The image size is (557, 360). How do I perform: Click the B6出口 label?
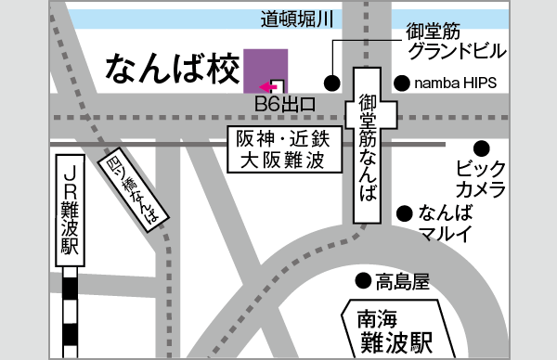286,102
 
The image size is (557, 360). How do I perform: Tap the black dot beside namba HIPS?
401,84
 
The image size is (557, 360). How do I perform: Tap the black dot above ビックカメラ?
481,148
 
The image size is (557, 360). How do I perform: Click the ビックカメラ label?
481,180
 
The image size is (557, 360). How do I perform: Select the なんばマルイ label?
447,221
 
